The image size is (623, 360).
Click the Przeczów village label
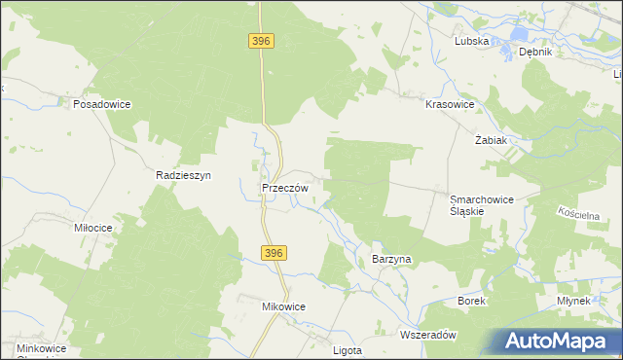pos(285,188)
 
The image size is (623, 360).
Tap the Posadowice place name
pos(102,103)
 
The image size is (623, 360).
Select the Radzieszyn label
pos(184,175)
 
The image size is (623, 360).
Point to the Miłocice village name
pos(94,227)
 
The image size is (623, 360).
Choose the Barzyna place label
pos(392,260)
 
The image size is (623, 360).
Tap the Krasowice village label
pos(450,102)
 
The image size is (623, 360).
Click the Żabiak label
pos(491,139)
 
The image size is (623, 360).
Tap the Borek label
pos(471,302)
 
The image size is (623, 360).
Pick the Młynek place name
pos(575,302)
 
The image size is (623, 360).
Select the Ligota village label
pos(348,349)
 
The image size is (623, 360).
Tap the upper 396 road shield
pos(261,41)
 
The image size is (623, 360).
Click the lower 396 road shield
pos(274,253)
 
